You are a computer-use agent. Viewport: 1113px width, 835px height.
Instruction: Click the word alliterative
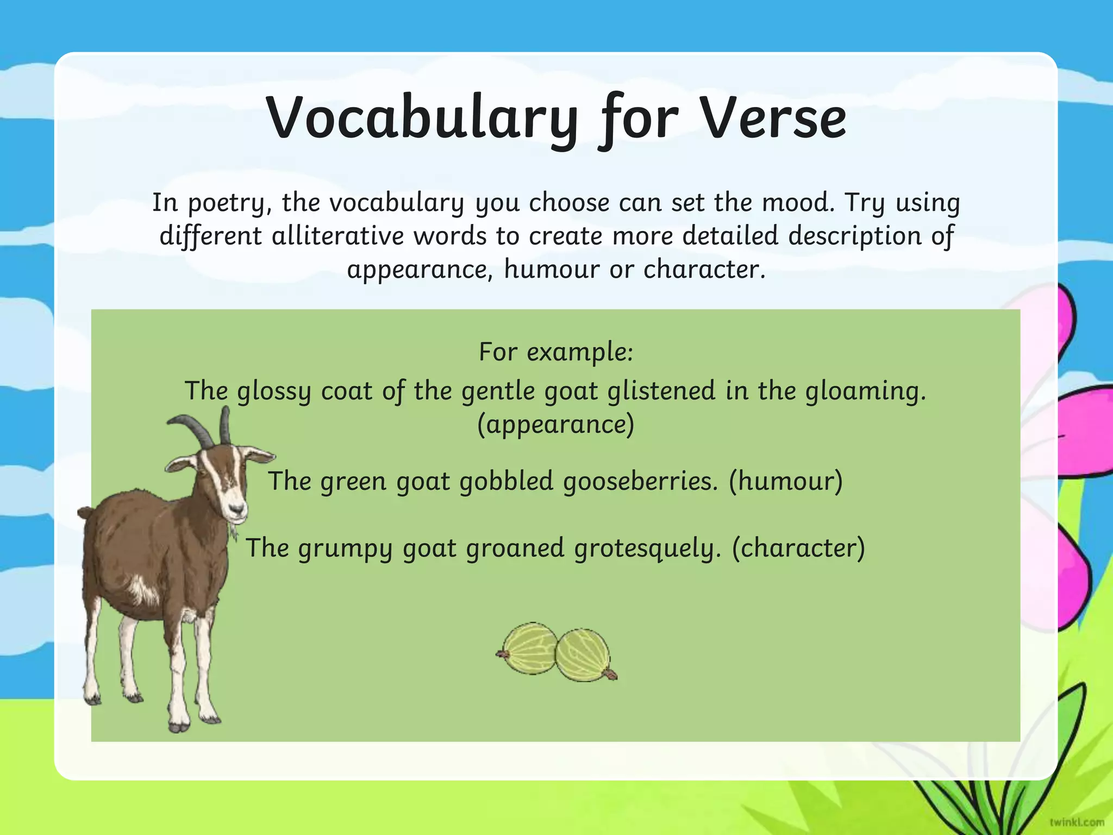coord(337,236)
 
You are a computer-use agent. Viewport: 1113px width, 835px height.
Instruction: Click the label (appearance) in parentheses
coord(555,425)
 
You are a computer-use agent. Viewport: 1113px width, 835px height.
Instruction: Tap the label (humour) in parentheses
coord(786,481)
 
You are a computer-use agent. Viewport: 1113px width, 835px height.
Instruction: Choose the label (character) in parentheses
coord(798,548)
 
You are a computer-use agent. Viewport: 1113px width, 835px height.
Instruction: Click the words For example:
coord(556,352)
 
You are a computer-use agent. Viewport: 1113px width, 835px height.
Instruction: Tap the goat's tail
coord(85,513)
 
